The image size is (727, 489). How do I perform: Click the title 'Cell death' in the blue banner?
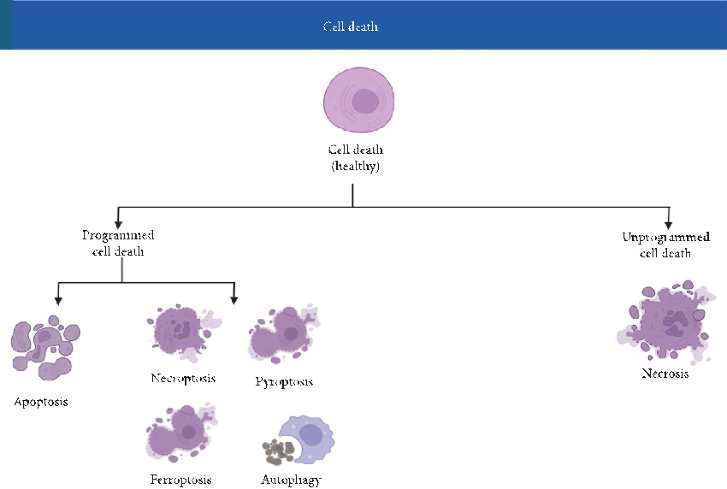click(351, 27)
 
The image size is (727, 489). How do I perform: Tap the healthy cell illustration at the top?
click(359, 101)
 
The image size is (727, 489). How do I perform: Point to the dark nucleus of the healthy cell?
click(366, 102)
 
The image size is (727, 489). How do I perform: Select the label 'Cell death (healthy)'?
click(356, 159)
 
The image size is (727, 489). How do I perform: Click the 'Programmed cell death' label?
click(118, 243)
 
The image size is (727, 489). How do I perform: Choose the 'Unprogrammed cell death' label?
click(665, 244)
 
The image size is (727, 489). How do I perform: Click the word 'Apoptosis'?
click(40, 401)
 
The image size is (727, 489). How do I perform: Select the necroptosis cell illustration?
click(180, 330)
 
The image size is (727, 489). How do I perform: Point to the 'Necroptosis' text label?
click(183, 378)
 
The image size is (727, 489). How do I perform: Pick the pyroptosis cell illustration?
click(282, 335)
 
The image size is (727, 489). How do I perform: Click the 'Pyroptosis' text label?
click(284, 381)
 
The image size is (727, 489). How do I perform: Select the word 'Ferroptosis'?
click(180, 480)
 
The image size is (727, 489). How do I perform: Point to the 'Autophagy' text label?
click(291, 480)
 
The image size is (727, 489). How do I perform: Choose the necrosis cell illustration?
click(665, 323)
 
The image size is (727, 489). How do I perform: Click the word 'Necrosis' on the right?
click(665, 374)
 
